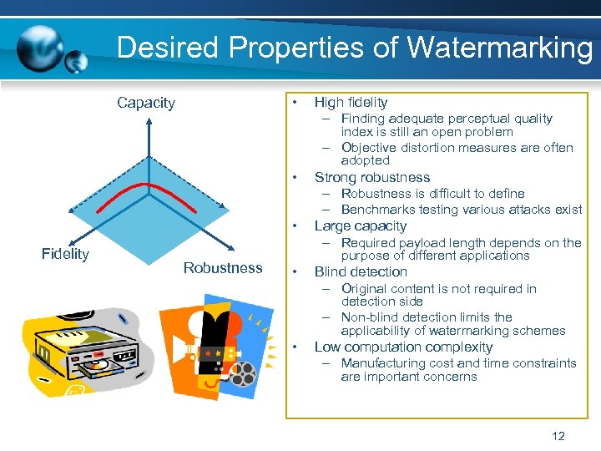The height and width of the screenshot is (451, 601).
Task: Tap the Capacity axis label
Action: point(146,103)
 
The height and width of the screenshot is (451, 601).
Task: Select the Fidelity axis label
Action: point(65,254)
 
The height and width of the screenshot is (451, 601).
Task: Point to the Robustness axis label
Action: point(223,267)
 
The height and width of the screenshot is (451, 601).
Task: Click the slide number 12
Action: point(558,435)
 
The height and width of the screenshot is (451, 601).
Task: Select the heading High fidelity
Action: point(351,103)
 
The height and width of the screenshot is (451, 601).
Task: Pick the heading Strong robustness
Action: point(371,177)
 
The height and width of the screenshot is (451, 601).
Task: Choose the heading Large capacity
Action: point(360,225)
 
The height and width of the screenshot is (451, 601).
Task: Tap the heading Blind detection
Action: point(361,271)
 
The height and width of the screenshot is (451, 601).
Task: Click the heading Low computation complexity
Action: point(403,347)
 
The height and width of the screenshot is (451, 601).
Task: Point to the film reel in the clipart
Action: point(243,374)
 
